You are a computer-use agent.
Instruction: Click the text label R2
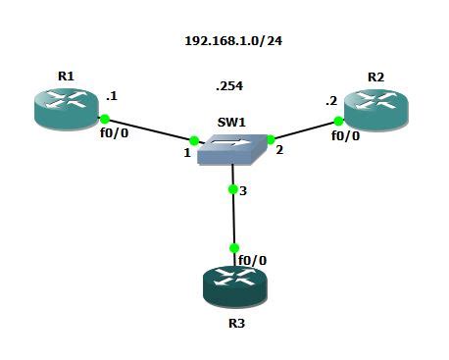click(x=375, y=76)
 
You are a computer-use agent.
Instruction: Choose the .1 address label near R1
click(x=112, y=97)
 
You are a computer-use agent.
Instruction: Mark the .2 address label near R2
click(x=332, y=101)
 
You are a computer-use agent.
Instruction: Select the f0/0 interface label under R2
click(x=345, y=136)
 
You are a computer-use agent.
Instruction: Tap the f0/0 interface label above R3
click(x=252, y=260)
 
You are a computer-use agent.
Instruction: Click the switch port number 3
click(x=243, y=190)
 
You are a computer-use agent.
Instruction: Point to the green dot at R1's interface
click(x=104, y=119)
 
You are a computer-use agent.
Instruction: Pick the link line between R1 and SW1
click(x=149, y=129)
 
